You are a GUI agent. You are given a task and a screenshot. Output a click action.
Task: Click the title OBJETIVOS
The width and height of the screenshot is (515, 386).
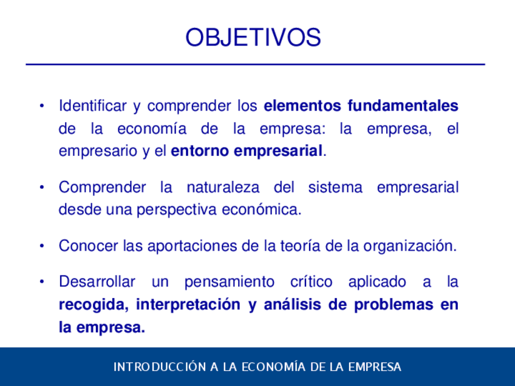pos(253,37)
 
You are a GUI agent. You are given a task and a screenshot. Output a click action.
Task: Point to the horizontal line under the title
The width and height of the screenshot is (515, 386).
pos(255,64)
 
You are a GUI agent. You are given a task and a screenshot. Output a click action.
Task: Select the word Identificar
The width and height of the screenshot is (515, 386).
pos(93,106)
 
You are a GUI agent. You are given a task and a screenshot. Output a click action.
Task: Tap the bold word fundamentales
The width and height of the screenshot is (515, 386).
pos(403,106)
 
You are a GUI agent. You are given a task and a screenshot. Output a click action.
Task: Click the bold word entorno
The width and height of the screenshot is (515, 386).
pos(200,151)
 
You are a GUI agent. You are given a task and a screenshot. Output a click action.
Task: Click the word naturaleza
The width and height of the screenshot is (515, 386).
pos(223,188)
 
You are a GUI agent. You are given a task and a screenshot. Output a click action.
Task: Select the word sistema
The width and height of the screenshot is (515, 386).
pos(335,188)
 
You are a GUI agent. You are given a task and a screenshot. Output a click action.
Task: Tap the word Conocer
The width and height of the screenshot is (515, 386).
pos(88,246)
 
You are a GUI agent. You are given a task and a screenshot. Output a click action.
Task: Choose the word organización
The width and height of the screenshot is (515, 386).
pos(410,246)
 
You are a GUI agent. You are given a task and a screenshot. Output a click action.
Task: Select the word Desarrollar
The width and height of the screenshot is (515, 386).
pos(97,282)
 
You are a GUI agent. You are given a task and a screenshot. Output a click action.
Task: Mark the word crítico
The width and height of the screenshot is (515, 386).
pos(312,282)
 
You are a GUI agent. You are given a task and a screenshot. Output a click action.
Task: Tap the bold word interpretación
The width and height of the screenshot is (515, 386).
pos(188,305)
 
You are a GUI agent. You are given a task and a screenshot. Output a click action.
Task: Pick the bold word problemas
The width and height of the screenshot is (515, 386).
pos(394,305)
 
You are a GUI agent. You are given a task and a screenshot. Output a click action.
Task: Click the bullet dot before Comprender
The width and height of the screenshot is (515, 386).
pos(42,188)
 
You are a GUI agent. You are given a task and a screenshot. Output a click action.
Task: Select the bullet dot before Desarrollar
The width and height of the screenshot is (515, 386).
pos(42,282)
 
